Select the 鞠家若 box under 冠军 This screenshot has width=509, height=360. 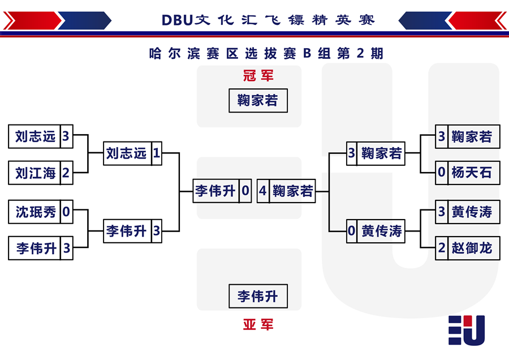click(258, 101)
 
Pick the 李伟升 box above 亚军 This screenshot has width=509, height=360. click(258, 296)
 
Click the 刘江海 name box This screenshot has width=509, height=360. click(34, 173)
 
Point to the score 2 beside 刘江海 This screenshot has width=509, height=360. click(66, 173)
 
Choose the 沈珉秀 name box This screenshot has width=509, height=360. click(34, 212)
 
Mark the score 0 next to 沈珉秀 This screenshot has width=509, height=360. click(66, 212)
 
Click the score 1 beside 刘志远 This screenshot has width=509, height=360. click(157, 153)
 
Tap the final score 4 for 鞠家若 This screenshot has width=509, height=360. click(263, 191)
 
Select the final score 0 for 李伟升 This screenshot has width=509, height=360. click(245, 191)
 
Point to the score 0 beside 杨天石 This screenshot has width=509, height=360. click(442, 173)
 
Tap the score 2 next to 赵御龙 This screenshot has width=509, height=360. click(442, 248)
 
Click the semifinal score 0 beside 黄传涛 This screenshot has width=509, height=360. click(352, 231)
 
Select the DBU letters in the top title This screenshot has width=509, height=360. click(177, 20)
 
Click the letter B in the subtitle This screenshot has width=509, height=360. click(307, 54)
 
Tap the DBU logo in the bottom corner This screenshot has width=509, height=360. click(467, 331)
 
